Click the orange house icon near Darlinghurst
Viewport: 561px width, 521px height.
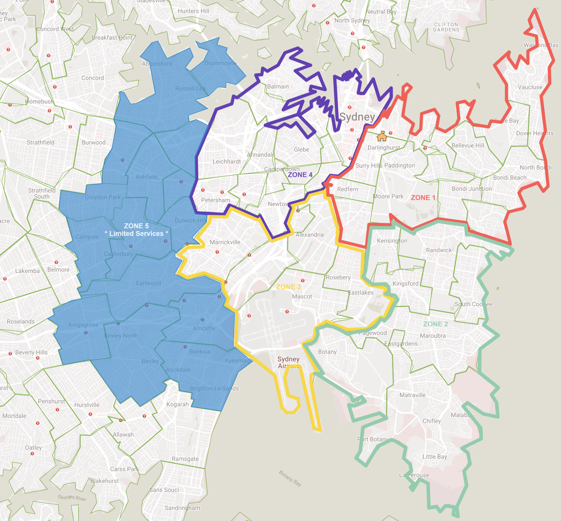[382, 136]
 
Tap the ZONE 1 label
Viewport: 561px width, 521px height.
[423, 198]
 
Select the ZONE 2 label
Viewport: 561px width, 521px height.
[435, 324]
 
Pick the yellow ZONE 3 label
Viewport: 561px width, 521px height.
[288, 287]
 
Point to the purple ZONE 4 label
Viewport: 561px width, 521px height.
[300, 175]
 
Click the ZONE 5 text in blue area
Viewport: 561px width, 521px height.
[136, 226]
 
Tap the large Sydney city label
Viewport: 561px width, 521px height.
[357, 117]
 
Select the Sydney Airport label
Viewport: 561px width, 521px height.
[288, 362]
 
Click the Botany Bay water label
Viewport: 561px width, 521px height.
[290, 478]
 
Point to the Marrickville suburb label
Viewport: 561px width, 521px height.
[225, 242]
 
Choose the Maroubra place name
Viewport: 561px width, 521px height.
[432, 336]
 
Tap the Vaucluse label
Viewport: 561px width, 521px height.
[530, 87]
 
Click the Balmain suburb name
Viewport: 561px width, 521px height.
[278, 86]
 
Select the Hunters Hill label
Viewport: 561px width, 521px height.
[193, 11]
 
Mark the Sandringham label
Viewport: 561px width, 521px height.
[182, 508]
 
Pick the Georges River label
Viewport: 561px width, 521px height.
[72, 498]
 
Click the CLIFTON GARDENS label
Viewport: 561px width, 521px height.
[446, 27]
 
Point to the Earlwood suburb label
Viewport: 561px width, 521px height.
[148, 283]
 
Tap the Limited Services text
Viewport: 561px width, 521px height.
[136, 234]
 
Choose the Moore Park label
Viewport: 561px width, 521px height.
[388, 196]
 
